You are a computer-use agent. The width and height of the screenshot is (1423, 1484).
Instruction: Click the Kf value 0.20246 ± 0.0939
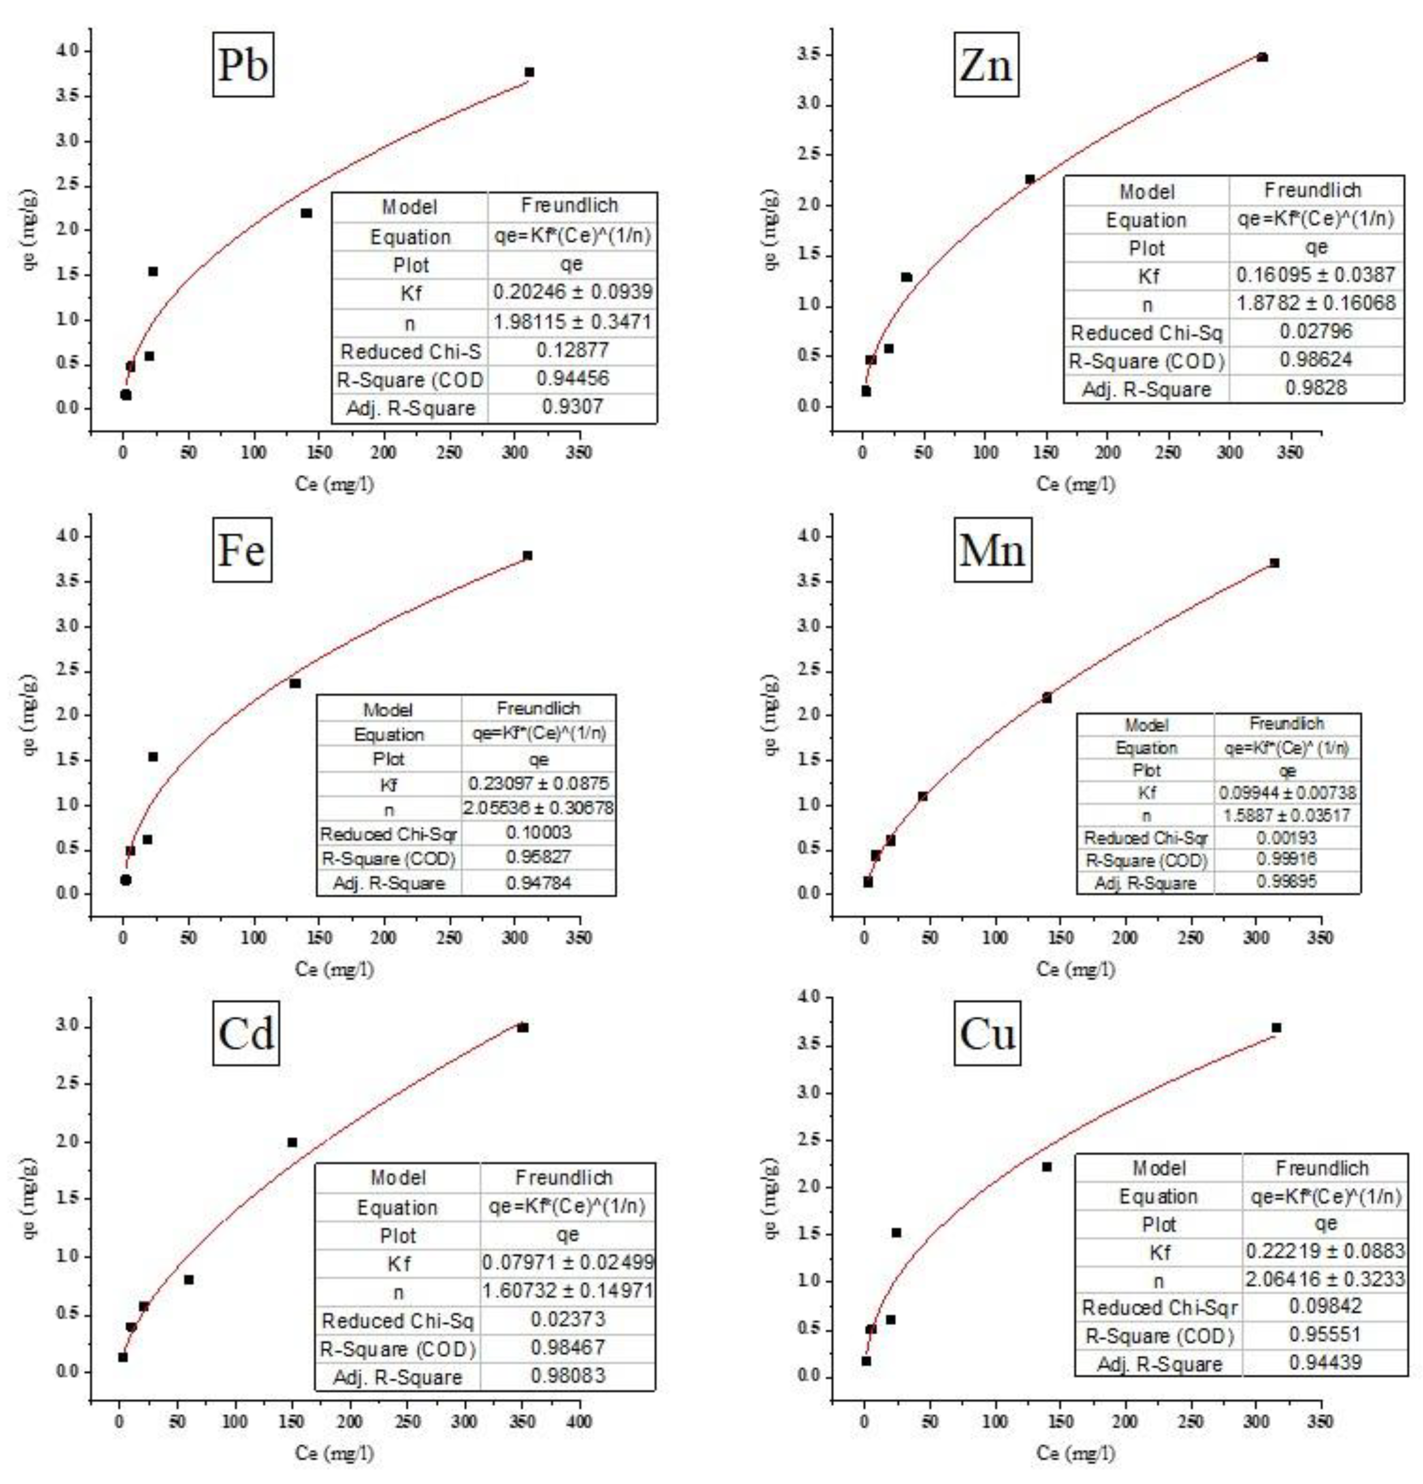click(572, 292)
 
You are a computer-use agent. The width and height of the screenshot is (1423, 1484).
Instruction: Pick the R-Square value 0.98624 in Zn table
click(1315, 360)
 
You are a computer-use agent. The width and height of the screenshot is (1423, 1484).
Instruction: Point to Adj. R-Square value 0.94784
click(539, 883)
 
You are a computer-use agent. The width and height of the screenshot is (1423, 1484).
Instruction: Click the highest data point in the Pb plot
click(529, 72)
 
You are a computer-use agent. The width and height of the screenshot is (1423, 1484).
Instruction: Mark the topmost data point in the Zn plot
click(1262, 57)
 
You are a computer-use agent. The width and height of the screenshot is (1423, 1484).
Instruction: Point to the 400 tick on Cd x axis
click(579, 1422)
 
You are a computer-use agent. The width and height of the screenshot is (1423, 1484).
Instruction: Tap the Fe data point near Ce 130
click(295, 684)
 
